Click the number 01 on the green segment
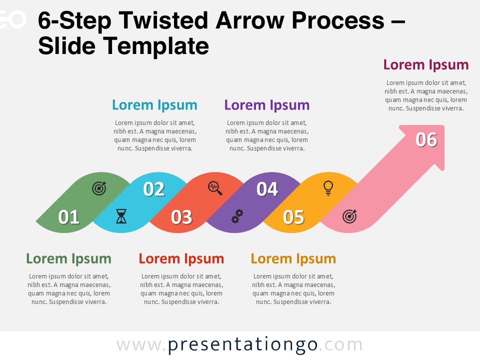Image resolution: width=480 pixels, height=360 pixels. (x=69, y=217)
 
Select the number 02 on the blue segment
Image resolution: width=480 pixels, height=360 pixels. (x=154, y=189)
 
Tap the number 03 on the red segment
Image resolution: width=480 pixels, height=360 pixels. (x=181, y=217)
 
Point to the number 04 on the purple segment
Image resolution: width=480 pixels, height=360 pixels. (x=267, y=189)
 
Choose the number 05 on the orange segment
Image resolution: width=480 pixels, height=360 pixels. (x=293, y=217)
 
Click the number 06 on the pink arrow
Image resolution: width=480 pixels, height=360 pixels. (x=426, y=139)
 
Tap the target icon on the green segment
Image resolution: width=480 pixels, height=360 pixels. (x=99, y=188)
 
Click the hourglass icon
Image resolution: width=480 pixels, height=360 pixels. (x=121, y=216)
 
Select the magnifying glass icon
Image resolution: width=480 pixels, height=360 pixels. (x=215, y=188)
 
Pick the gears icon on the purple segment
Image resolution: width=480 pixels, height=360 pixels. (x=237, y=216)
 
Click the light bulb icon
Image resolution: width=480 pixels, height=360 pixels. (x=328, y=187)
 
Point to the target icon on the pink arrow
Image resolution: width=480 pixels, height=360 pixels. (x=349, y=216)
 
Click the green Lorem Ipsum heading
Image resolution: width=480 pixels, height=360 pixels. (x=68, y=258)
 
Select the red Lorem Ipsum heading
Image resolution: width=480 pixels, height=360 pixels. (x=181, y=258)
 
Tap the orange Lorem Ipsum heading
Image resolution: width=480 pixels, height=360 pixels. (x=293, y=258)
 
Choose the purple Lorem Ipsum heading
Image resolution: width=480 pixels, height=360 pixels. (x=267, y=105)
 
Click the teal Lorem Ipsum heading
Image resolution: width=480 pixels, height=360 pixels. (x=154, y=105)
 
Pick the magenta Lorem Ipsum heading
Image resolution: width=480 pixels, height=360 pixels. (x=426, y=64)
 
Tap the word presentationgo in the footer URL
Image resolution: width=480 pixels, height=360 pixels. (x=242, y=344)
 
